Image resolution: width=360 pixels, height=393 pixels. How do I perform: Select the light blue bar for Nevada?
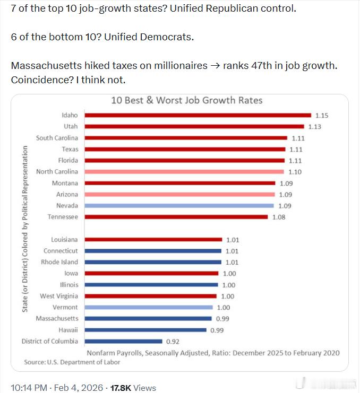179,205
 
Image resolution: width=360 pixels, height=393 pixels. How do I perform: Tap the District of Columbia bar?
123,342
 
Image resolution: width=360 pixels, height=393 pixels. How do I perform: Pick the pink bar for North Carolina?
184,172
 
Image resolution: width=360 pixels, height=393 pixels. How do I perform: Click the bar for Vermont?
149,308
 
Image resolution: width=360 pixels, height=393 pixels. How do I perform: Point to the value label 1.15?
322,115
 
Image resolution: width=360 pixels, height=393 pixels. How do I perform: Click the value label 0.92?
173,342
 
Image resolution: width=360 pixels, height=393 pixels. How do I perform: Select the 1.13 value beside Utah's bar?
315,127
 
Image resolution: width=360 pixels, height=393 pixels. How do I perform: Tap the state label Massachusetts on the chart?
57,319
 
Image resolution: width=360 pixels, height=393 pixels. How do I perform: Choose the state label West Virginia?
59,296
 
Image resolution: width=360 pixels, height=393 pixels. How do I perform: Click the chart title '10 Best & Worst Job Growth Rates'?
186,100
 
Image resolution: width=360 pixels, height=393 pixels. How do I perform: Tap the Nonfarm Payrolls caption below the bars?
212,353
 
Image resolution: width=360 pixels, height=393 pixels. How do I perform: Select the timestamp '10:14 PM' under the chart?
29,388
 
